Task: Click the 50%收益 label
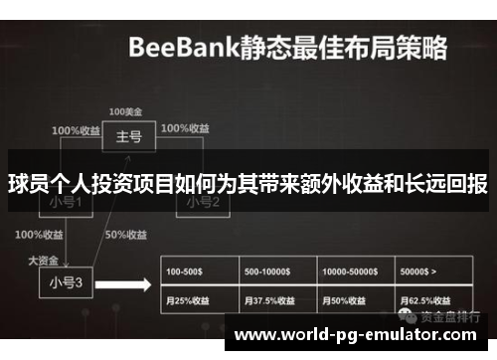coord(126,236)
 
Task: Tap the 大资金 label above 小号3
coord(44,260)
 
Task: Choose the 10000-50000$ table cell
coord(356,271)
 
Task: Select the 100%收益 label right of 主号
coord(185,129)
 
